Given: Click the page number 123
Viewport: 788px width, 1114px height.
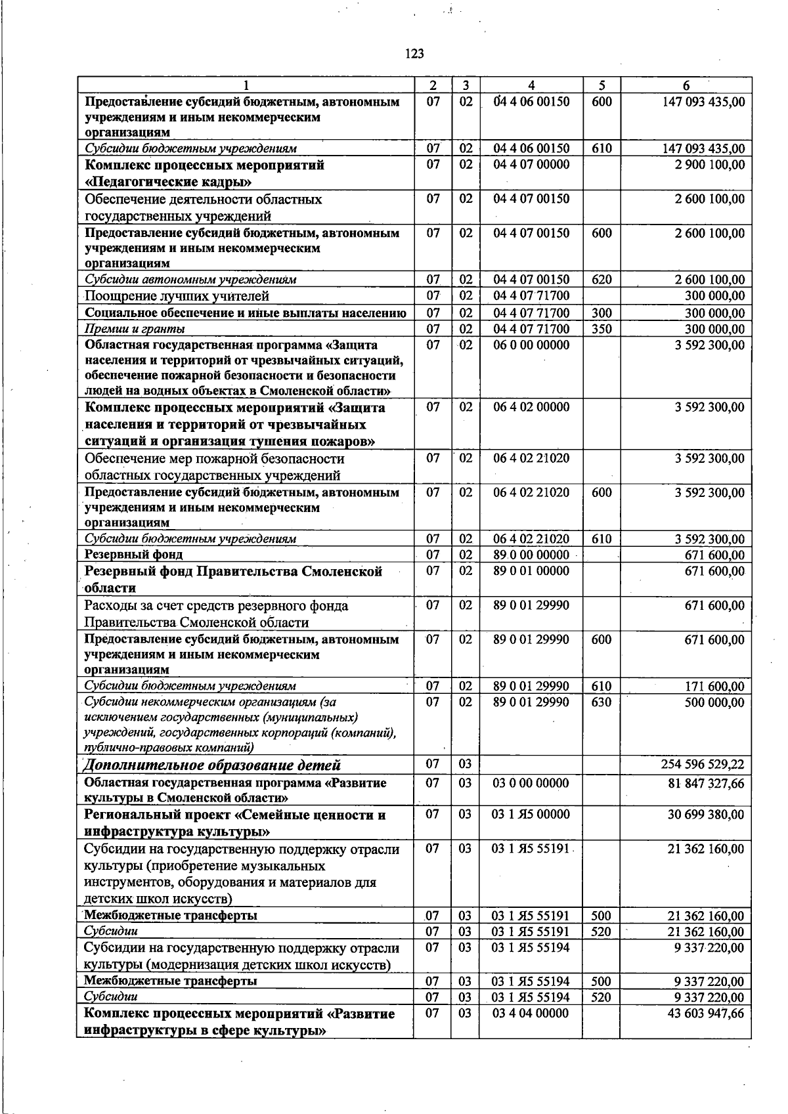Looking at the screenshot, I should pyautogui.click(x=414, y=54).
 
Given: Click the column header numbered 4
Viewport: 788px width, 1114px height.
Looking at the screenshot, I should pyautogui.click(x=531, y=85).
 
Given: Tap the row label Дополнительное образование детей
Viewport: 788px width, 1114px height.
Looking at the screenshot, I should pyautogui.click(x=213, y=765).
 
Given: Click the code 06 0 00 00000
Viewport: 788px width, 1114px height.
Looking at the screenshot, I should pyautogui.click(x=531, y=345).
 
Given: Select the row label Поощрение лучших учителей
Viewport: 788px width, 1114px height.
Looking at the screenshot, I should pyautogui.click(x=177, y=296).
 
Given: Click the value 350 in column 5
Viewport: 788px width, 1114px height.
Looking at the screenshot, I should pyautogui.click(x=602, y=329).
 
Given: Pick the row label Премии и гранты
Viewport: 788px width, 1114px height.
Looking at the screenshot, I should pyautogui.click(x=135, y=329).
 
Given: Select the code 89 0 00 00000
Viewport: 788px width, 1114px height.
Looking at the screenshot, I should pyautogui.click(x=531, y=555).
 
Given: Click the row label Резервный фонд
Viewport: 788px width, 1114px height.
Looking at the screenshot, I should pyautogui.click(x=129, y=555).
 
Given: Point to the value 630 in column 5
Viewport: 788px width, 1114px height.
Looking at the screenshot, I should pyautogui.click(x=602, y=702).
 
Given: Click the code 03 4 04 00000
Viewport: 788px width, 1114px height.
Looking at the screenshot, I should pyautogui.click(x=531, y=1014).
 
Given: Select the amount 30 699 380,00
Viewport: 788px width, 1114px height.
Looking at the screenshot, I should pyautogui.click(x=706, y=815).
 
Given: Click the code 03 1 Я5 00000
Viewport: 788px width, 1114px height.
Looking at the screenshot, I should pyautogui.click(x=531, y=815).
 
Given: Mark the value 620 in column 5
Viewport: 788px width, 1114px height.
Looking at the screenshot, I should pyautogui.click(x=602, y=280).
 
